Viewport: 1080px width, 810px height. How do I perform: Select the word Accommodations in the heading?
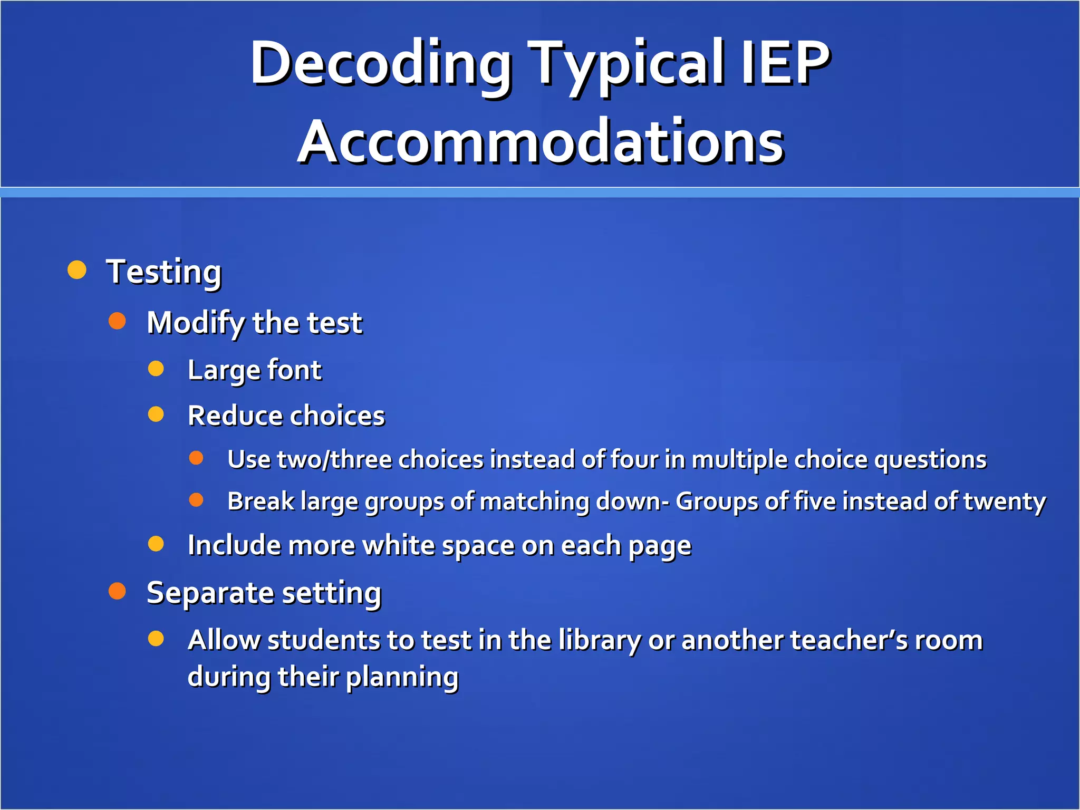tap(541, 141)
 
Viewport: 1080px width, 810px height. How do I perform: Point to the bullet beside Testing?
tap(77, 270)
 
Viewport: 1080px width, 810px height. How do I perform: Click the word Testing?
tap(164, 272)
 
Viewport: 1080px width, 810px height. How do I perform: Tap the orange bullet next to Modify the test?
tap(117, 321)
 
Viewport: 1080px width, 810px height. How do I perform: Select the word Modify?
tap(194, 323)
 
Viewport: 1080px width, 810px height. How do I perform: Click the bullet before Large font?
tap(156, 369)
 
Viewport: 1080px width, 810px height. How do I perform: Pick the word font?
tap(294, 370)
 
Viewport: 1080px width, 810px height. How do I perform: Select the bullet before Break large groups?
tap(196, 500)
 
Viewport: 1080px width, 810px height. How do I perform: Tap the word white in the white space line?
tap(398, 545)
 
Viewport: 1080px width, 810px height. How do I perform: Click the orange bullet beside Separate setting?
tap(117, 591)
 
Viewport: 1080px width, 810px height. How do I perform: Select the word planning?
tap(402, 677)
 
